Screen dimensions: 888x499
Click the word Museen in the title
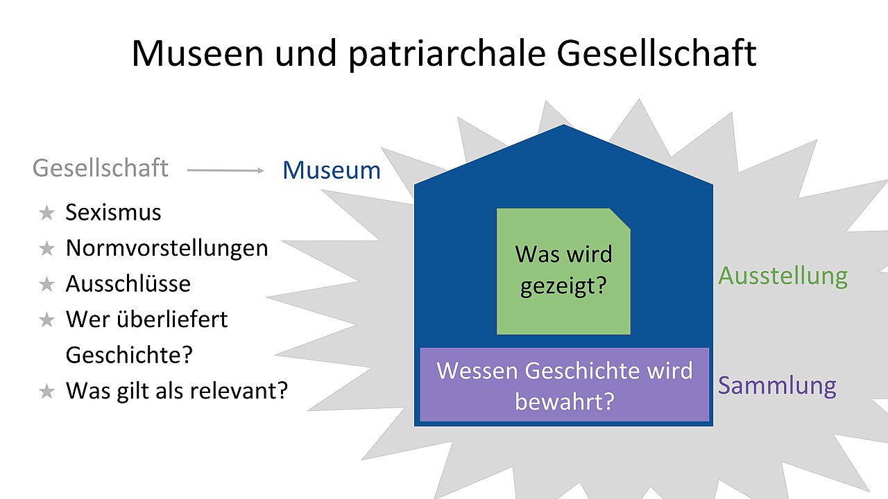pos(198,53)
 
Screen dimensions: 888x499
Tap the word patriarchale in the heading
pos(447,55)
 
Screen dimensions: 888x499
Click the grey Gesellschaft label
pos(101,168)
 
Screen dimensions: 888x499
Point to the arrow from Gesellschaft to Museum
pos(225,170)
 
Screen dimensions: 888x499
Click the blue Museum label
pos(332,170)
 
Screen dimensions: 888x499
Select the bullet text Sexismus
pos(113,212)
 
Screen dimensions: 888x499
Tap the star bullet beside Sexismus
pos(46,213)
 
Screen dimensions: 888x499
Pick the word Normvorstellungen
pos(167,248)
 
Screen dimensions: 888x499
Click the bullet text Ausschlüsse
pos(128,283)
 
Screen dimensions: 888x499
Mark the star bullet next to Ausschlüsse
pos(46,284)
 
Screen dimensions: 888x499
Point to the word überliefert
pos(172,319)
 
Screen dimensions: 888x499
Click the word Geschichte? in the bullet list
pos(129,355)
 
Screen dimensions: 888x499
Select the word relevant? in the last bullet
pos(239,390)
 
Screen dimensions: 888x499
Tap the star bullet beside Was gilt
pos(46,392)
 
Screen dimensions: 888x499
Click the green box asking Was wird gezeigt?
pos(563,271)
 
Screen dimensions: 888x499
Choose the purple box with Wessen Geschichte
pos(565,385)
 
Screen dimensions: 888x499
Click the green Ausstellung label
pos(783,276)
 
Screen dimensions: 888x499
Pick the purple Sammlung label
pos(778,386)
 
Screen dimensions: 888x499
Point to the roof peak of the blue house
pos(563,125)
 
